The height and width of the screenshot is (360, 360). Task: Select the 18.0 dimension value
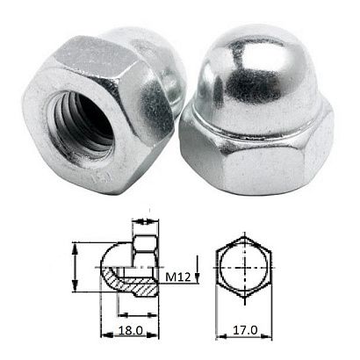coord(130,333)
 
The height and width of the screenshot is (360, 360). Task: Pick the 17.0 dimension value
coord(244,333)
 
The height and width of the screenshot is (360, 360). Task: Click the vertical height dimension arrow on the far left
coord(74,272)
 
